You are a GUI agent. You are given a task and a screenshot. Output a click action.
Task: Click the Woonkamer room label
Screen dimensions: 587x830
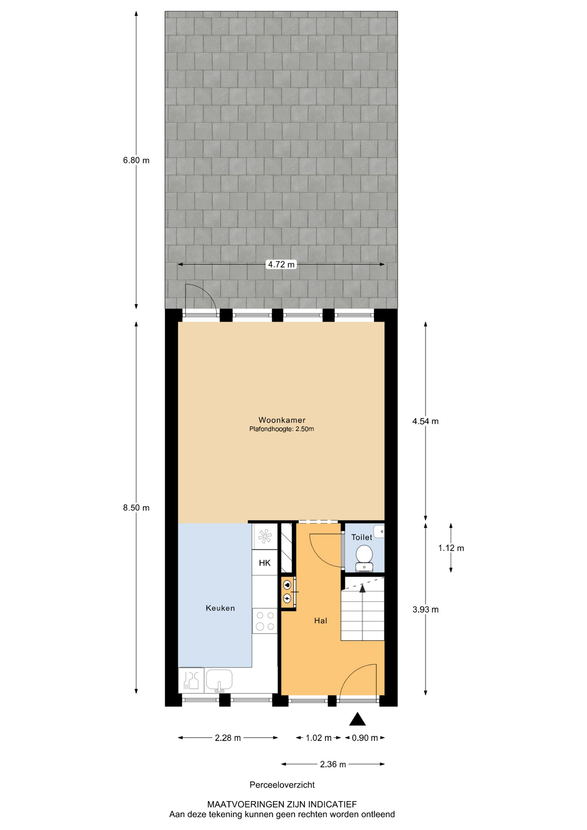pyautogui.click(x=282, y=420)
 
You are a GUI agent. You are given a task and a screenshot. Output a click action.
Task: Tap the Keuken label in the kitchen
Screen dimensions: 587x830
pyautogui.click(x=220, y=608)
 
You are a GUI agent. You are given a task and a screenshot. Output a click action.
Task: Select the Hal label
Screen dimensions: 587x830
pyautogui.click(x=320, y=620)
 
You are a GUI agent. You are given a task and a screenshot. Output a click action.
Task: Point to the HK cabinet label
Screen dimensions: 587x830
pyautogui.click(x=265, y=562)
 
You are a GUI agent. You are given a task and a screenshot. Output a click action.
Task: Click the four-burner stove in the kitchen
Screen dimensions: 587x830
pyautogui.click(x=265, y=621)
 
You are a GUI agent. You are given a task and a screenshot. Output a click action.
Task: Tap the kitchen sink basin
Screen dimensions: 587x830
pyautogui.click(x=219, y=679)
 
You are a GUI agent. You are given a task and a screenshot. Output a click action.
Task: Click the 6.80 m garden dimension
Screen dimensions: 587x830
pyautogui.click(x=136, y=160)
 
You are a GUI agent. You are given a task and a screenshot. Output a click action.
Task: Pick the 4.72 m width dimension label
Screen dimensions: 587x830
pyautogui.click(x=281, y=264)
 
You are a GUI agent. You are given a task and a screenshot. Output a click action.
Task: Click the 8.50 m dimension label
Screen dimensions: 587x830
pyautogui.click(x=136, y=508)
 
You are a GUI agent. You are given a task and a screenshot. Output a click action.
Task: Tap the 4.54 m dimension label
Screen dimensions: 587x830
pyautogui.click(x=425, y=421)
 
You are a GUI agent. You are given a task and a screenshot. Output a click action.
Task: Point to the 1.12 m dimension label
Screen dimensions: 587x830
pyautogui.click(x=451, y=548)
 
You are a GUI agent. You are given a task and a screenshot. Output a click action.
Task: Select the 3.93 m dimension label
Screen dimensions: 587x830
pyautogui.click(x=425, y=610)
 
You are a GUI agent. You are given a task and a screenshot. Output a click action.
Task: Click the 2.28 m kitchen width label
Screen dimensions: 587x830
pyautogui.click(x=228, y=738)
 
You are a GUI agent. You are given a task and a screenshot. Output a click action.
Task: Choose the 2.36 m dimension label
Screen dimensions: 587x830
pyautogui.click(x=333, y=764)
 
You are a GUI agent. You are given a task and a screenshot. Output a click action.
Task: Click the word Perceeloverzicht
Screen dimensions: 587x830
pyautogui.click(x=282, y=785)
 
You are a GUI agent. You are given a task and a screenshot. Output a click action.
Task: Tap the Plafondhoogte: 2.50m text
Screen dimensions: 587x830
pyautogui.click(x=281, y=429)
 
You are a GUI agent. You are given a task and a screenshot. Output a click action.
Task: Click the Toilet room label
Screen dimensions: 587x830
pyautogui.click(x=361, y=537)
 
